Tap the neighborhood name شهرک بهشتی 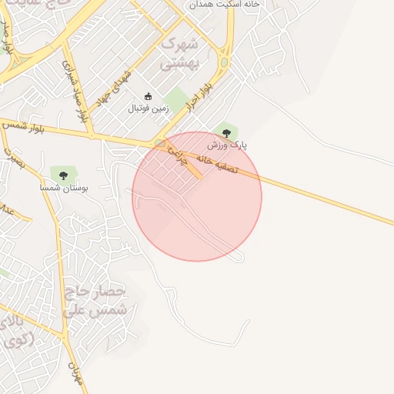pyautogui.click(x=179, y=53)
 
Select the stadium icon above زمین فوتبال pyautogui.click(x=149, y=96)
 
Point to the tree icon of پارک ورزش pyautogui.click(x=225, y=132)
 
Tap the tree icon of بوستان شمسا pyautogui.click(x=63, y=175)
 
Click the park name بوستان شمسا pyautogui.click(x=64, y=187)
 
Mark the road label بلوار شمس pyautogui.click(x=24, y=126)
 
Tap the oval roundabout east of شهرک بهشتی pyautogui.click(x=225, y=61)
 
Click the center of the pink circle pyautogui.click(x=197, y=196)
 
